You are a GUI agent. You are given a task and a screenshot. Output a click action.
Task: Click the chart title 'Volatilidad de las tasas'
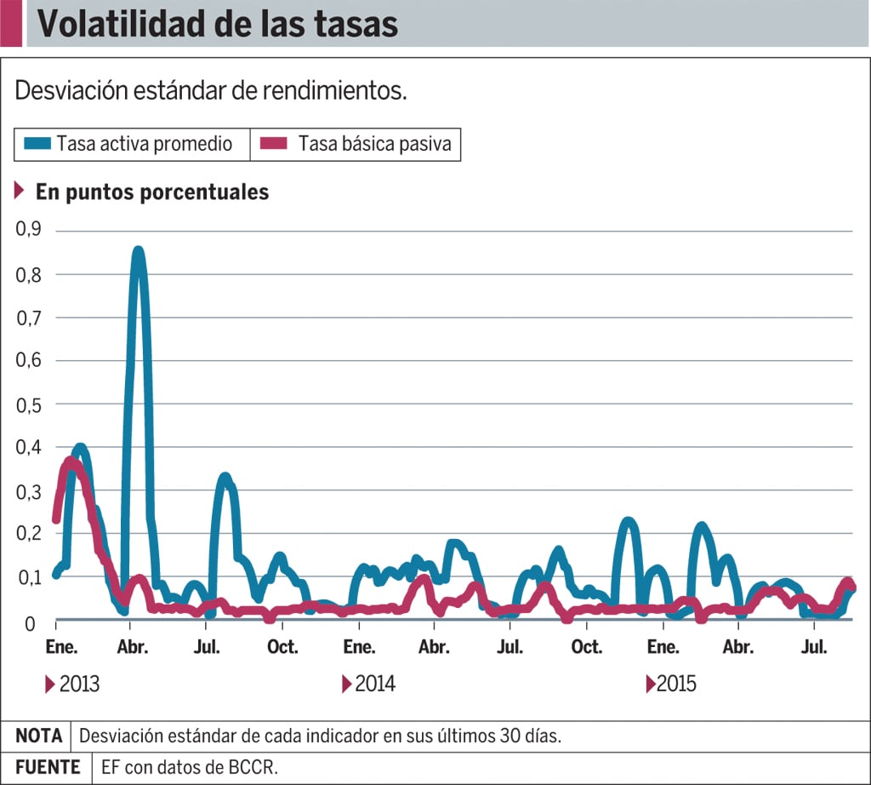coord(218,24)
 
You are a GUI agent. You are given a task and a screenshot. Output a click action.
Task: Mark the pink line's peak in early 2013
coord(70,463)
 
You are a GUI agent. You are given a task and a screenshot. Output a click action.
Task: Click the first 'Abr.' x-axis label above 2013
coord(133,647)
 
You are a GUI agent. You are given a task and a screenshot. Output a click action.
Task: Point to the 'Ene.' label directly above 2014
coord(360,647)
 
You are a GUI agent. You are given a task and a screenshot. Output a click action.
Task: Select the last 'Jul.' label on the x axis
coord(815,647)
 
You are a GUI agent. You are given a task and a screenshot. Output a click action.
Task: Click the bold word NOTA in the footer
coord(39,736)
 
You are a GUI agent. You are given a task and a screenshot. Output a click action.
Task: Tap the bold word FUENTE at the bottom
coord(48,767)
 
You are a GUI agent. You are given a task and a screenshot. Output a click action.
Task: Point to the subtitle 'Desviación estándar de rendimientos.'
coord(211,91)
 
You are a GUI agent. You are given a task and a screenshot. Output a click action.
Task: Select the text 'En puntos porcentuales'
coord(152,192)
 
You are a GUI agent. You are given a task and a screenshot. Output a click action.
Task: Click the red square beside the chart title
coord(11,24)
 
